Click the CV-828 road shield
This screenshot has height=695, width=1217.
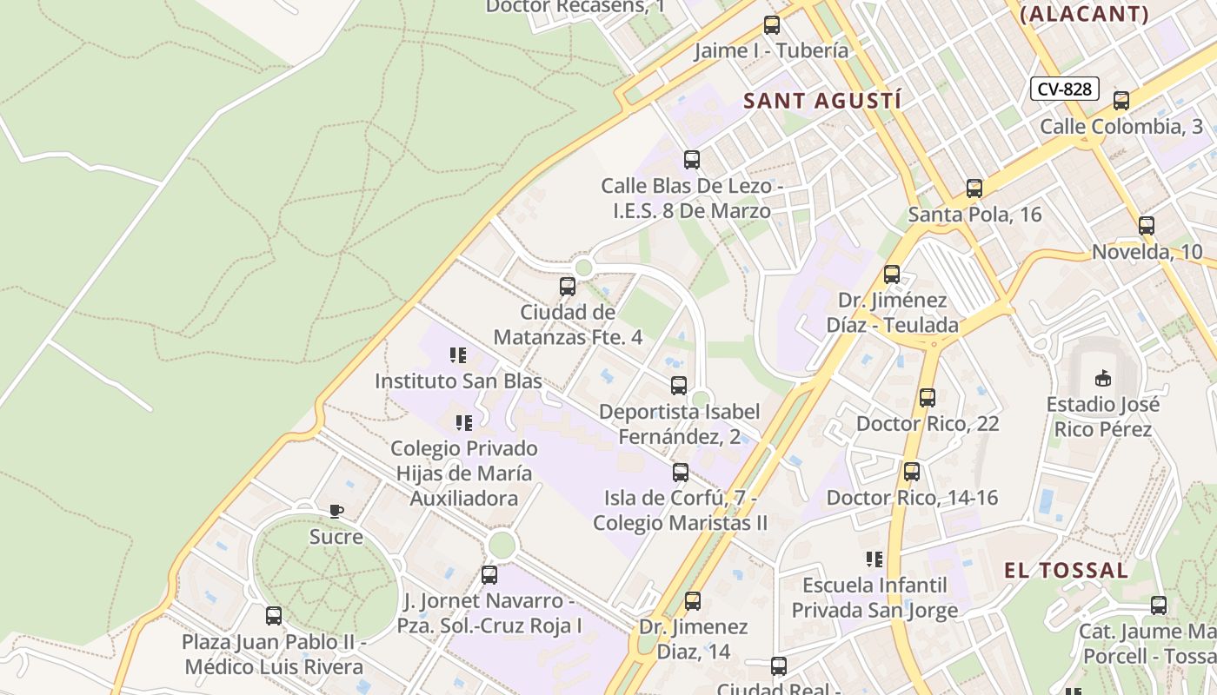click(x=1065, y=89)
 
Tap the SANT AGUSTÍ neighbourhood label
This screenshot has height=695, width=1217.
click(x=821, y=101)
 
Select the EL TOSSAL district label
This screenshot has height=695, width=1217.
click(x=1066, y=571)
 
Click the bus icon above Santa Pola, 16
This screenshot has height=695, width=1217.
click(x=974, y=189)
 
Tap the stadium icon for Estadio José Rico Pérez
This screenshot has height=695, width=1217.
click(x=1102, y=378)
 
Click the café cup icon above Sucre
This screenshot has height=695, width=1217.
click(x=336, y=511)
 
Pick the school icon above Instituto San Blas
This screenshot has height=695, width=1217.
click(x=458, y=355)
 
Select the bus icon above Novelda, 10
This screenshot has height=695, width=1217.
click(x=1147, y=226)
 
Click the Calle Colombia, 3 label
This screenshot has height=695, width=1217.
click(x=1121, y=127)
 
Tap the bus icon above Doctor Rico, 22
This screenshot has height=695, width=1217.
click(x=928, y=398)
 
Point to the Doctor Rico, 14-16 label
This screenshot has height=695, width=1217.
click(x=912, y=498)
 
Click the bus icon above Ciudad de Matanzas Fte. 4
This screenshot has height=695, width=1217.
click(x=568, y=286)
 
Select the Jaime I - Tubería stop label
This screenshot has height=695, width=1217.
click(x=771, y=50)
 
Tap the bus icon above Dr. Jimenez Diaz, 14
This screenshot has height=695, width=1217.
click(x=693, y=600)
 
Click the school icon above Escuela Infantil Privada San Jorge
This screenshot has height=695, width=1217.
click(x=874, y=559)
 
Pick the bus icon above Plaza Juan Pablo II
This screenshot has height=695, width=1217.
click(x=274, y=616)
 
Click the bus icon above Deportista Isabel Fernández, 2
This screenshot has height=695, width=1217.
click(x=679, y=386)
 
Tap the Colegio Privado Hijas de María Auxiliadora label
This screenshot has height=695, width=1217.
click(x=463, y=473)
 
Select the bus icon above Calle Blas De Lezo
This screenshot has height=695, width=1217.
click(x=692, y=160)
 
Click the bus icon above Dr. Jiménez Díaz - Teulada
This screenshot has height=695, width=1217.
click(x=892, y=275)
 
